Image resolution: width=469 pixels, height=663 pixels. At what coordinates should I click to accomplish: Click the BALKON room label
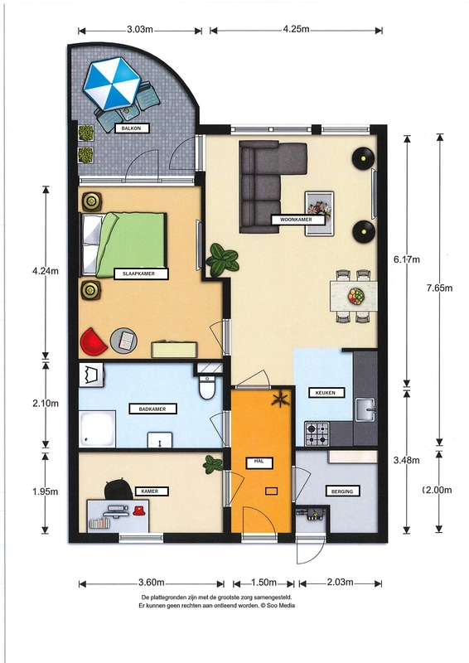point(132,128)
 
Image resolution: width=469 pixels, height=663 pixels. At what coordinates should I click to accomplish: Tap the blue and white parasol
point(112,84)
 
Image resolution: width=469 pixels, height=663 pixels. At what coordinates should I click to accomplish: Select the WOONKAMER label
point(297,220)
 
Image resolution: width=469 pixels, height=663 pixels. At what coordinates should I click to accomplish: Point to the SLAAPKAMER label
point(141,273)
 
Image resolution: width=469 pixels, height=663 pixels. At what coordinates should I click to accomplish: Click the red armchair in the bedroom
point(93,341)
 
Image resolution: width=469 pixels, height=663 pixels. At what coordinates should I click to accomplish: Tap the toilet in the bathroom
point(207,387)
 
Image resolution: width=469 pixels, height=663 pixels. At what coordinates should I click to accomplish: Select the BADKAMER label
point(152,409)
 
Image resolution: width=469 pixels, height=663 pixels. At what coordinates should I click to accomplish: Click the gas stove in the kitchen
point(317,433)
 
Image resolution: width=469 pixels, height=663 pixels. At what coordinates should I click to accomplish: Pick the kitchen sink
point(365,409)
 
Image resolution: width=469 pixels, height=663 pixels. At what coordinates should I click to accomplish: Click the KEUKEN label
point(325,392)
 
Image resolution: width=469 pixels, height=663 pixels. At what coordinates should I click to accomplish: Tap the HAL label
point(259,462)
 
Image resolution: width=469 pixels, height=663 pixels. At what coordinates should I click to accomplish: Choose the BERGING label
point(342,491)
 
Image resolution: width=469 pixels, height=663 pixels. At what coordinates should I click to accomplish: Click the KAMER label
point(152,491)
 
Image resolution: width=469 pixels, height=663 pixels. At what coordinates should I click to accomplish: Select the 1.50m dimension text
point(264,583)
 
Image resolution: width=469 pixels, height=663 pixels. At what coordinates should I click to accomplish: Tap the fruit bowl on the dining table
point(356,296)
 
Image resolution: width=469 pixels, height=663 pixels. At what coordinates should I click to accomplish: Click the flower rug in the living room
point(319,213)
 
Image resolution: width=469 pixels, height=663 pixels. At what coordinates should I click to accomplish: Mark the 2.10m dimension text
point(46,404)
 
